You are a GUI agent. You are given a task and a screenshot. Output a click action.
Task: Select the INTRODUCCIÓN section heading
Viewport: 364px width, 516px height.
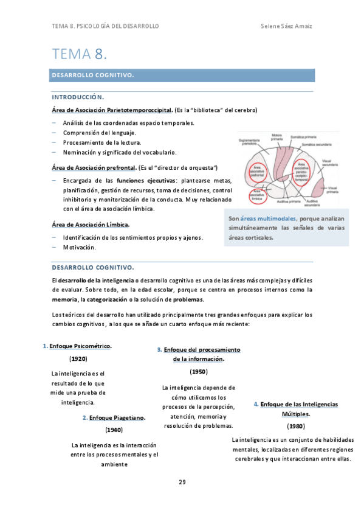pyautogui.click(x=78, y=97)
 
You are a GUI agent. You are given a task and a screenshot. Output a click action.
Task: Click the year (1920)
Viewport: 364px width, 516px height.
pyautogui.click(x=78, y=358)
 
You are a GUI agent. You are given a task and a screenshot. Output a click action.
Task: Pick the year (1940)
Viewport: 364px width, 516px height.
pyautogui.click(x=114, y=430)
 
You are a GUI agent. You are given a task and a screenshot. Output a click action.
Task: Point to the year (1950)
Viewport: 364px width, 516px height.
pyautogui.click(x=198, y=371)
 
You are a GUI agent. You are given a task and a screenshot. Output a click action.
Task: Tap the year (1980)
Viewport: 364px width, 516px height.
pyautogui.click(x=296, y=426)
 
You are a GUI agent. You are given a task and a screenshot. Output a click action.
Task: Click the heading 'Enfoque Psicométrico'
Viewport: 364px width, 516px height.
pyautogui.click(x=80, y=346)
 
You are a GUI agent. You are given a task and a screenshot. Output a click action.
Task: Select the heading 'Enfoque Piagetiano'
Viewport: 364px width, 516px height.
pyautogui.click(x=117, y=417)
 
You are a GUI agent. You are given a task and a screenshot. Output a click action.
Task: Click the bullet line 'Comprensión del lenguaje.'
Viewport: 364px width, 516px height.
pyautogui.click(x=100, y=133)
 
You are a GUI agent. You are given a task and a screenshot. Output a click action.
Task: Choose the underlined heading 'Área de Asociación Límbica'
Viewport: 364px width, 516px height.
pyautogui.click(x=91, y=224)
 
